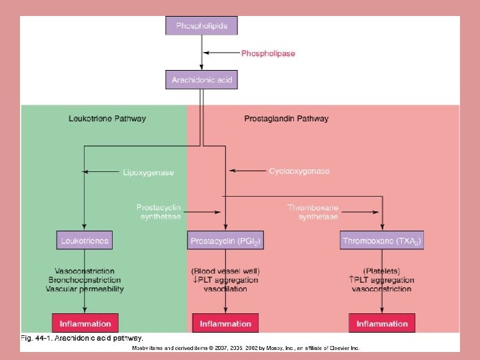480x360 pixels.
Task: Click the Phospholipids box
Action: point(201,26)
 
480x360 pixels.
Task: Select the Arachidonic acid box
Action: point(201,80)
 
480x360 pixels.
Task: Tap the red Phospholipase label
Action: point(268,53)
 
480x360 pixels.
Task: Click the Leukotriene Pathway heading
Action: point(107,119)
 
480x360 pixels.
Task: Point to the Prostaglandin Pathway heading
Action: point(287,119)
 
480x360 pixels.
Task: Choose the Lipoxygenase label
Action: point(149,172)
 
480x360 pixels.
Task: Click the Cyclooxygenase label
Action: point(299,171)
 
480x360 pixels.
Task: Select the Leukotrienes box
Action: point(84,239)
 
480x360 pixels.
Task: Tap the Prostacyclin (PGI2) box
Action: point(225,240)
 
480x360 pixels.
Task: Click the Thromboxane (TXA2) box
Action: point(382,240)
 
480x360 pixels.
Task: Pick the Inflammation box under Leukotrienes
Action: point(85,323)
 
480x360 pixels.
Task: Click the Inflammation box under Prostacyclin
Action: point(225,323)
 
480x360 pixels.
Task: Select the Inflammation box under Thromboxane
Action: point(382,323)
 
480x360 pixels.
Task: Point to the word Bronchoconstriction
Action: point(85,280)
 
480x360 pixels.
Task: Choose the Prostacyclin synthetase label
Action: point(159,212)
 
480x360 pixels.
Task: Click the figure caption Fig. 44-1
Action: point(82,339)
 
